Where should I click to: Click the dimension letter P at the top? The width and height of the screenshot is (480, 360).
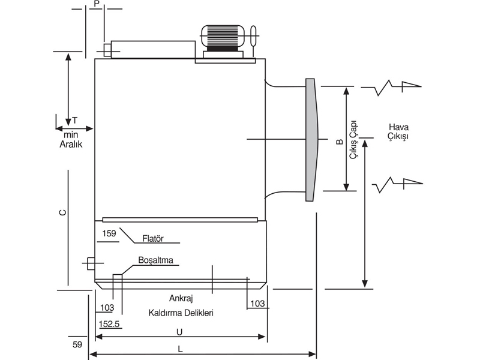pyautogui.click(x=97, y=4)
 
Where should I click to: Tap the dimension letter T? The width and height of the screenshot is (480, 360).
pyautogui.click(x=74, y=121)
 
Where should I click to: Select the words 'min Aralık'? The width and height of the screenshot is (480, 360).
pyautogui.click(x=71, y=139)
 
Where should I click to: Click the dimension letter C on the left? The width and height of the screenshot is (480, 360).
pyautogui.click(x=62, y=212)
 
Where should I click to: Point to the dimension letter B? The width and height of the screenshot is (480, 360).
pyautogui.click(x=340, y=142)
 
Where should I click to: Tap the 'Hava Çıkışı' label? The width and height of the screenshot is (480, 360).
pyautogui.click(x=398, y=131)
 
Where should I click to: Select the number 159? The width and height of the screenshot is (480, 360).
pyautogui.click(x=109, y=233)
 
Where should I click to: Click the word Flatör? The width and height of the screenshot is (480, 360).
pyautogui.click(x=153, y=238)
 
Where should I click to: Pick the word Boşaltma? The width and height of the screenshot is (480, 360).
pyautogui.click(x=156, y=260)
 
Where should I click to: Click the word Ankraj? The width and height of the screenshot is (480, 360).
pyautogui.click(x=181, y=298)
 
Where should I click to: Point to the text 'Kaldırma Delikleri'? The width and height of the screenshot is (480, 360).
pyautogui.click(x=181, y=313)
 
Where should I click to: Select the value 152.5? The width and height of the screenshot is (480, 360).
pyautogui.click(x=109, y=324)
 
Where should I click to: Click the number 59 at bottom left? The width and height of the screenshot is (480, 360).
pyautogui.click(x=77, y=344)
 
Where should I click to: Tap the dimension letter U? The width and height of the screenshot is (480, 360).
pyautogui.click(x=179, y=332)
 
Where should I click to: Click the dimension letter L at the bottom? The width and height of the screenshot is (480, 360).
pyautogui.click(x=181, y=349)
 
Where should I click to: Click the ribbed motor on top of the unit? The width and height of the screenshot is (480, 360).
pyautogui.click(x=223, y=37)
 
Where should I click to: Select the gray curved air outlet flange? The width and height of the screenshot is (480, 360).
pyautogui.click(x=312, y=140)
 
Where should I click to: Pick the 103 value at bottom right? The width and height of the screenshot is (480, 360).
pyautogui.click(x=257, y=304)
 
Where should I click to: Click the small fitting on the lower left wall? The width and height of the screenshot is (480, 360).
pyautogui.click(x=91, y=263)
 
